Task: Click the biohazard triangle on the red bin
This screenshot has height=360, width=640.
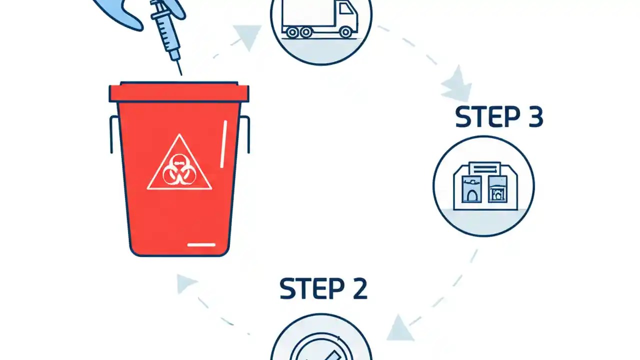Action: click(x=179, y=165)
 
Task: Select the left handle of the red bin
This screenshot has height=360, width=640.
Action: click(x=113, y=134)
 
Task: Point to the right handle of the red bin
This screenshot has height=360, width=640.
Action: click(x=246, y=134)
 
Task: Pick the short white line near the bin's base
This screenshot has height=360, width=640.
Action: click(x=201, y=244)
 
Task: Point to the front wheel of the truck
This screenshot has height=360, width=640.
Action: click(x=345, y=32)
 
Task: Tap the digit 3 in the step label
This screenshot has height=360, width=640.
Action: click(x=533, y=117)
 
